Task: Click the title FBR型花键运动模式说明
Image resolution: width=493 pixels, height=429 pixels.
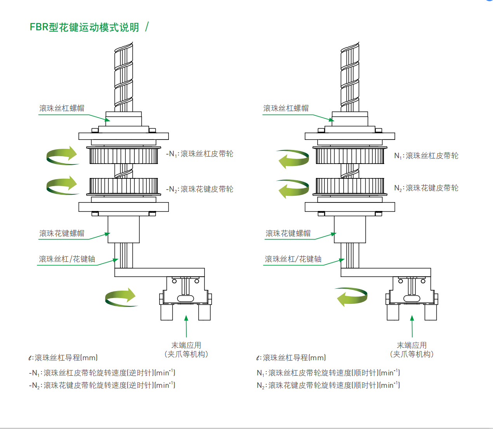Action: point(84,27)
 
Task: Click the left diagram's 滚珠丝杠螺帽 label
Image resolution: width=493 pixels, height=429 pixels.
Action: point(62,108)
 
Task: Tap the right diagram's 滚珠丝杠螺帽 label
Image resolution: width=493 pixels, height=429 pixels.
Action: point(286,108)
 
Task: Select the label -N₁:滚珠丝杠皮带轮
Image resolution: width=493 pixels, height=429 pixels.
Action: point(200,154)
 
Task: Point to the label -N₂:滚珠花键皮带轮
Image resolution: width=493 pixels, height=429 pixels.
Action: point(200,189)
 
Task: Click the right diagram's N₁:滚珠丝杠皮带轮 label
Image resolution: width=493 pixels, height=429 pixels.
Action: point(426,156)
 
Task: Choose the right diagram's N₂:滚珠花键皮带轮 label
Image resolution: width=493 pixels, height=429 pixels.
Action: point(426,188)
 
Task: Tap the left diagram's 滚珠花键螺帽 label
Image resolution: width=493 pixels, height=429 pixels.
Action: point(62,234)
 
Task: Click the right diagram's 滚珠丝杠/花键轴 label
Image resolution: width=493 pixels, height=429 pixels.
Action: point(293,259)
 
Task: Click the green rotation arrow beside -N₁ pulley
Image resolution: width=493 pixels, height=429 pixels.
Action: point(62,155)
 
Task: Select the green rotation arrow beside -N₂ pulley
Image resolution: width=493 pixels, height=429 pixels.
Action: point(62,185)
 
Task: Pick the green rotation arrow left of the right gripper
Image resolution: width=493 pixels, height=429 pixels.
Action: point(352,297)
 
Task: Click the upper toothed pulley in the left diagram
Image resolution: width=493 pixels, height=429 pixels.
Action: point(123,155)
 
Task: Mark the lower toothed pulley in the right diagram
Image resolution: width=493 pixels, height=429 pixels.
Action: point(350,186)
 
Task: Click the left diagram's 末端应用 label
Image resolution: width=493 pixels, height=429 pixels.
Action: point(186,345)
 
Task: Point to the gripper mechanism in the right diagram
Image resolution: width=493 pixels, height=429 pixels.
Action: point(411,297)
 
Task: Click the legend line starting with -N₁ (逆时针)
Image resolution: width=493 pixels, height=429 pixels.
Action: point(102,373)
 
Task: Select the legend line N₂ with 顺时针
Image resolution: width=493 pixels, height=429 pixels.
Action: point(328,385)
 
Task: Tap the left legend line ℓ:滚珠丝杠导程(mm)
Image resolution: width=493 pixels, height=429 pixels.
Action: point(63,358)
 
